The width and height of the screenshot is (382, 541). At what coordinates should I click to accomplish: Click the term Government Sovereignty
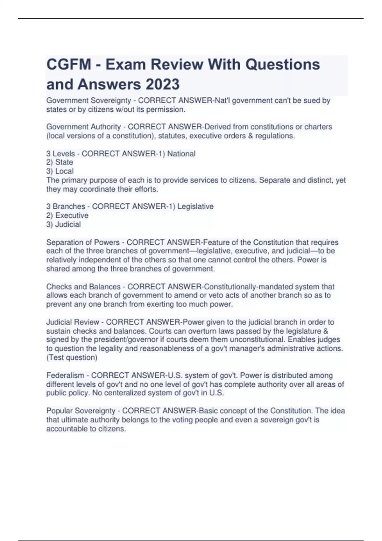coord(88,101)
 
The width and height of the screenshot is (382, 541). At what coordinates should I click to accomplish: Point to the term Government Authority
coord(83,127)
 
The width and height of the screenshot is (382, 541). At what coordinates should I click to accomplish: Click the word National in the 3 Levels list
coord(181,154)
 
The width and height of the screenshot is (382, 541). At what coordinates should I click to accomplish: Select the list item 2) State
coord(60,162)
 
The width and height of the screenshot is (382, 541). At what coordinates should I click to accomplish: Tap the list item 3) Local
coord(60,171)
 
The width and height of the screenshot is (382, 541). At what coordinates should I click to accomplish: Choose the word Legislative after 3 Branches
coord(195,207)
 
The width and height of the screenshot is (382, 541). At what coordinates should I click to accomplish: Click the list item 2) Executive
coord(67,215)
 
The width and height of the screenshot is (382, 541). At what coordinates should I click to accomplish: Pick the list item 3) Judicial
coord(63,224)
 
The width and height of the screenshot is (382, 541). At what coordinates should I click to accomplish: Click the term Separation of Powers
coord(83,242)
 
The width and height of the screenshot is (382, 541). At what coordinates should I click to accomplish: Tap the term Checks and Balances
coord(83,287)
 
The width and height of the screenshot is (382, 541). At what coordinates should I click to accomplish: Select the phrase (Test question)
coord(72,358)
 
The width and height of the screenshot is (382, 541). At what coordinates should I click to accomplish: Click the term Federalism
coord(65,376)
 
